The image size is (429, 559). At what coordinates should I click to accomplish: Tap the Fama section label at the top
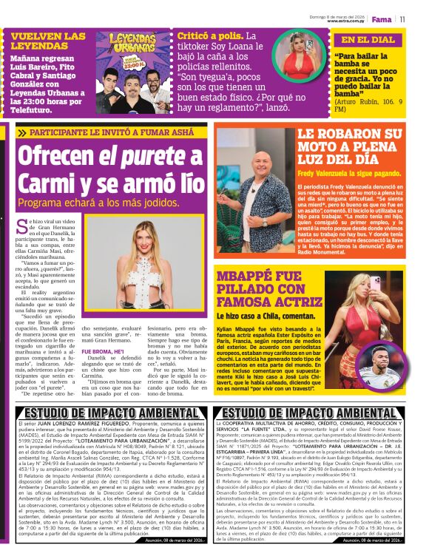coord(382,19)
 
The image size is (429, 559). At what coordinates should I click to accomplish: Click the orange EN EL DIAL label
coord(368,40)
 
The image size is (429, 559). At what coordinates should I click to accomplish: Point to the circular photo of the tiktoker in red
coord(296,55)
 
